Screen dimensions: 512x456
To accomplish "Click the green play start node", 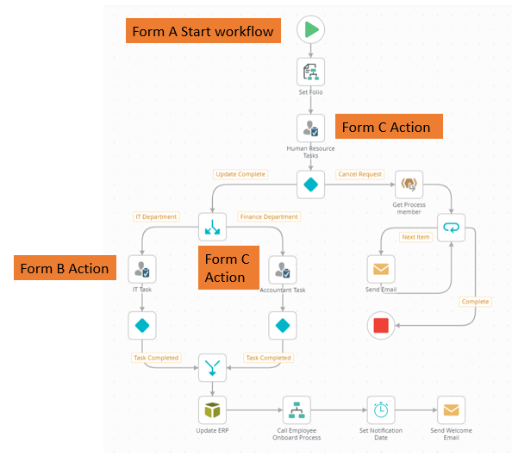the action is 310,29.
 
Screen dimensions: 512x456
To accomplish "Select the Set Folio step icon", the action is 310,72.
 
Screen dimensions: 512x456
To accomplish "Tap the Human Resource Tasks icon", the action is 310,128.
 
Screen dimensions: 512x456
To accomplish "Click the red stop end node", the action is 381,325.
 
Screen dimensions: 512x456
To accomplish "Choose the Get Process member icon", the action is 409,184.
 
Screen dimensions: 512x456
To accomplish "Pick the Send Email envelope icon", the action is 381,269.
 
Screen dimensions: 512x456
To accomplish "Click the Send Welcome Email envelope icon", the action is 452,410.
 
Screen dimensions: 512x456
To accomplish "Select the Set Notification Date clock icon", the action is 381,410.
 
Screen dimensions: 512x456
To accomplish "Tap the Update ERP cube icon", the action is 212,410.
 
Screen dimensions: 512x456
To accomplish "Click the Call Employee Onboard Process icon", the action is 297,410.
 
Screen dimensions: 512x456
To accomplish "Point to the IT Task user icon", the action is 142,269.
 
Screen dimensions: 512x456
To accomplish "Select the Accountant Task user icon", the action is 283,270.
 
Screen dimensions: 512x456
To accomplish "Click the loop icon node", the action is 452,228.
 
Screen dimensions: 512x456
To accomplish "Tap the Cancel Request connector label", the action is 359,174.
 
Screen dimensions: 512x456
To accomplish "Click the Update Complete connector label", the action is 240,174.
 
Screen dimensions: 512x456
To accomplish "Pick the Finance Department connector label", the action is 269,216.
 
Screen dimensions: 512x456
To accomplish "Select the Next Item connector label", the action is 415,237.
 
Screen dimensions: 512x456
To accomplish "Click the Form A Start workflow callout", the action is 203,31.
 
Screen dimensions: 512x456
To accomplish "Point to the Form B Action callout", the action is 65,268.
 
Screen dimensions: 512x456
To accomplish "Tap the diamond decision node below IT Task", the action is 142,325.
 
